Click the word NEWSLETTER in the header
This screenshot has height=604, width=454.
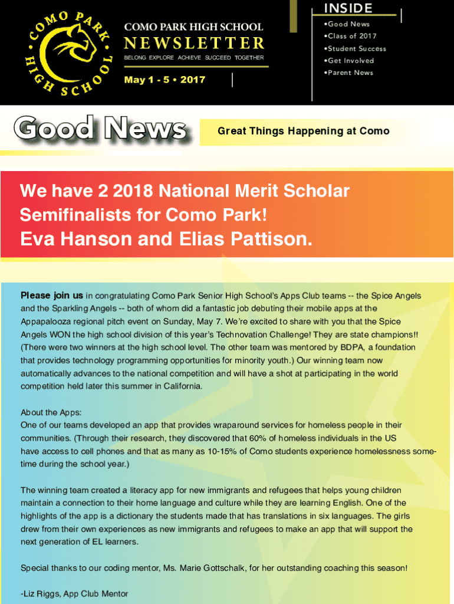click(x=194, y=43)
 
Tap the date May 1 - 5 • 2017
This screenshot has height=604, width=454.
click(x=165, y=80)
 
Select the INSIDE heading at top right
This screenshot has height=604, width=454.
click(x=348, y=8)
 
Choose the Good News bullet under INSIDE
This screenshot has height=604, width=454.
click(x=348, y=24)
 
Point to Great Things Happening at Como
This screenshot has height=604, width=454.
click(x=304, y=131)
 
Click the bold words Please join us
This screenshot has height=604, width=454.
click(x=52, y=296)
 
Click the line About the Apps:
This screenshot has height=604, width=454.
click(x=51, y=412)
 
